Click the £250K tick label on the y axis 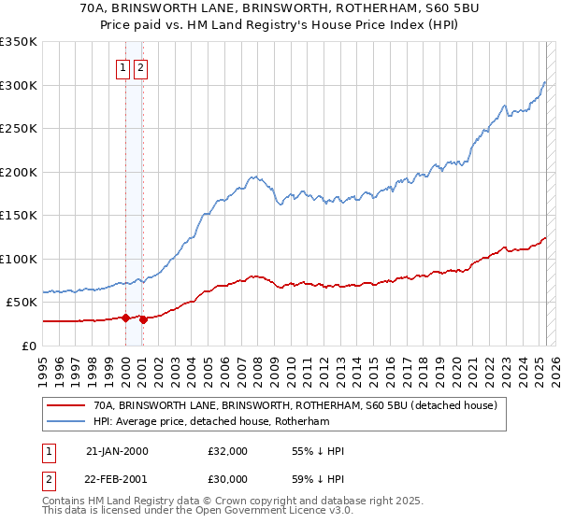click(x=19, y=128)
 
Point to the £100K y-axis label click(x=19, y=259)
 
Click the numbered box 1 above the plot click(x=123, y=67)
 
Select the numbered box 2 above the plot click(x=140, y=67)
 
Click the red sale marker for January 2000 click(x=126, y=318)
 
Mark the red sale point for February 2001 click(x=144, y=319)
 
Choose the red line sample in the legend click(x=65, y=406)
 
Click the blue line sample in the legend click(x=65, y=422)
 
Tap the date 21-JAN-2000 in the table click(x=117, y=451)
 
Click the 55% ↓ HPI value click(x=318, y=451)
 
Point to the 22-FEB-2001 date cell click(x=117, y=480)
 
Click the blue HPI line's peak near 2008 click(x=252, y=176)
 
